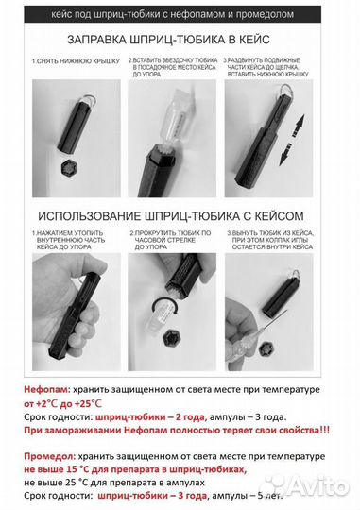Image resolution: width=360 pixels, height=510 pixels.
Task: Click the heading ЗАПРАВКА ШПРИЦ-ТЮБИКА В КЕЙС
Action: (180, 41)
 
